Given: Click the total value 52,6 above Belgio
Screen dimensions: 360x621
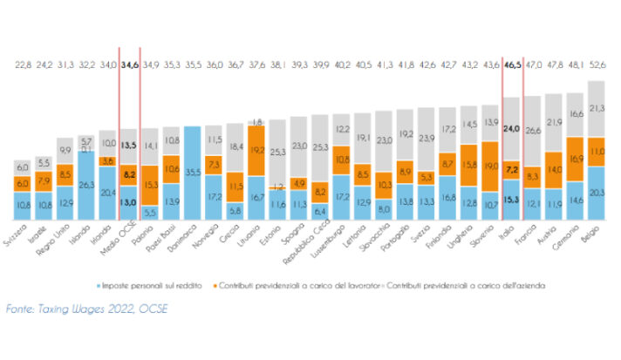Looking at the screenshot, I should tap(597, 64).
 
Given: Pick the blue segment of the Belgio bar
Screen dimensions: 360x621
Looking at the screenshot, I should tap(597, 194).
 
